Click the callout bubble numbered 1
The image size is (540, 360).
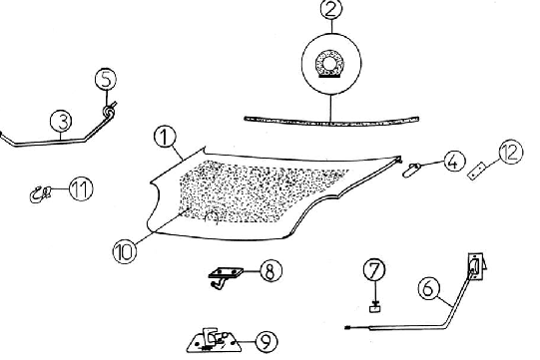point(165,137)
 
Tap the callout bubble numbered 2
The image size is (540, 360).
point(331,9)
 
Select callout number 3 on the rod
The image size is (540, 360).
point(61,121)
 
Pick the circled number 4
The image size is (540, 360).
point(454,162)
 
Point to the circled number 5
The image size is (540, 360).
point(106,79)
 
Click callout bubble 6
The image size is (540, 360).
point(429,288)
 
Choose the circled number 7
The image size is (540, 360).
point(374,270)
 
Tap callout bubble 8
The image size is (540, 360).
point(271,271)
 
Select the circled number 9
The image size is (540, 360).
point(267,341)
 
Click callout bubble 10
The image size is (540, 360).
point(125,251)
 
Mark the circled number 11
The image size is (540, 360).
point(81,188)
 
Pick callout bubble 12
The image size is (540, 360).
point(511,152)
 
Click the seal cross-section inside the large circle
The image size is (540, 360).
point(330,64)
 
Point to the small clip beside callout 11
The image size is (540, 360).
point(40,194)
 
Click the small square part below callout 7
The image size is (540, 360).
point(374,308)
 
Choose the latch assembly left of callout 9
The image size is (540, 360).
point(215,341)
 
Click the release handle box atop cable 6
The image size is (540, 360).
point(477,266)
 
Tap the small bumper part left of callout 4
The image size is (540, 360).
point(411,171)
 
